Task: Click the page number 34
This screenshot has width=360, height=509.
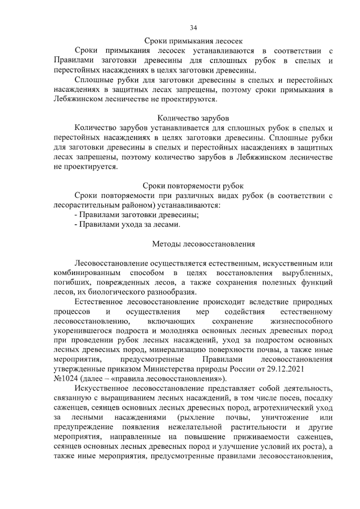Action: (193, 28)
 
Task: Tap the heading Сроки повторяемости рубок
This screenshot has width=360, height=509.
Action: (193, 186)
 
